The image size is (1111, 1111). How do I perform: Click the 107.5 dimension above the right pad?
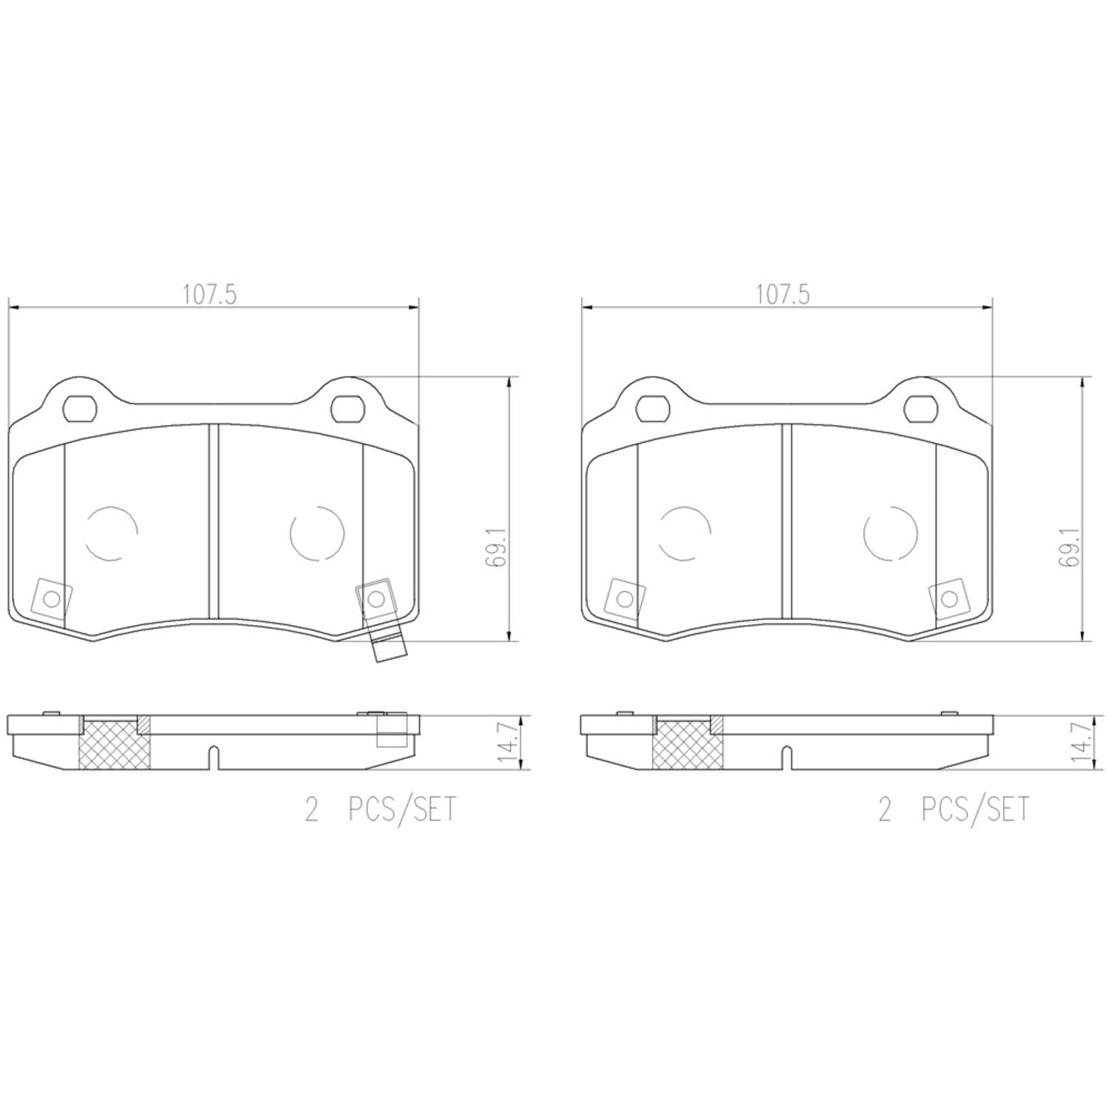click(783, 295)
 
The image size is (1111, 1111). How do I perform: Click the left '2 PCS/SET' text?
click(381, 810)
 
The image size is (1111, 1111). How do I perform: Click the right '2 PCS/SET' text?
click(953, 810)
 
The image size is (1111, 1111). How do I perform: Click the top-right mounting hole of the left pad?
click(346, 407)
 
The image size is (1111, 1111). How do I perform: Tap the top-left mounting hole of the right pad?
click(650, 407)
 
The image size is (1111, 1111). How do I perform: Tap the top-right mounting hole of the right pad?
click(919, 407)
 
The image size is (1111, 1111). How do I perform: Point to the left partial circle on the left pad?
click(112, 533)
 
